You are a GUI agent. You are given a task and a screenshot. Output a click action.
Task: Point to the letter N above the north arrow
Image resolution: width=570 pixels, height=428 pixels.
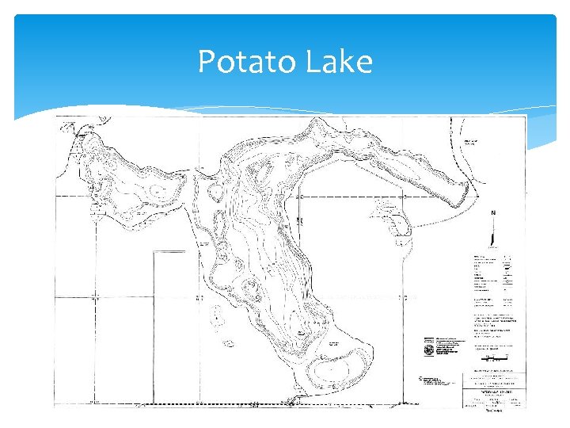pos(494,213)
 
